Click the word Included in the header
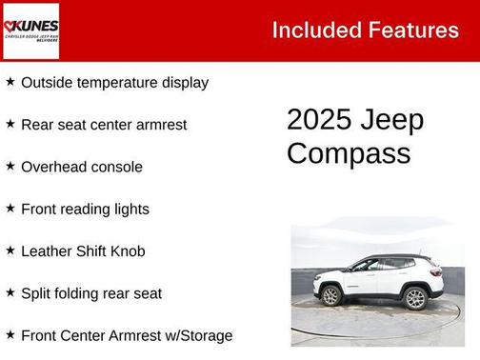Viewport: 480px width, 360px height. coord(317,30)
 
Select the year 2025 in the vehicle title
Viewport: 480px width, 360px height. coord(319,121)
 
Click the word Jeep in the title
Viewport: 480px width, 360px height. coord(392,121)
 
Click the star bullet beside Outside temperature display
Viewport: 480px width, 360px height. coord(10,82)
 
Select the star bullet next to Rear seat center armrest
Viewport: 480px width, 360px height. coord(10,124)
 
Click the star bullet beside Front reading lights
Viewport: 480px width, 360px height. coord(10,208)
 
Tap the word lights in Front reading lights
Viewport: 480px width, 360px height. coord(130,209)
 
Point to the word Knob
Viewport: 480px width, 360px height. coord(127,250)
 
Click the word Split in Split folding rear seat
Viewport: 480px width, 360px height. coord(36,293)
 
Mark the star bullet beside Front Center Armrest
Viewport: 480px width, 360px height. coord(10,334)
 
